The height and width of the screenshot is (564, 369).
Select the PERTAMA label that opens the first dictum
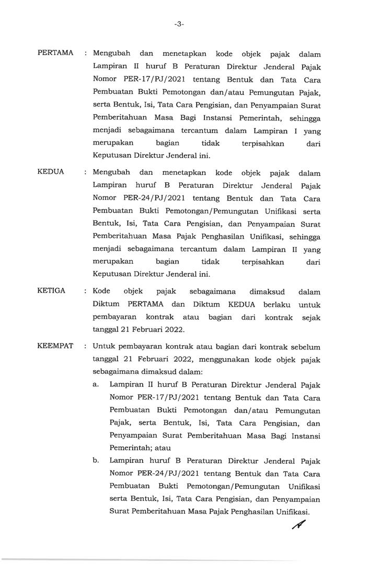pos(56,54)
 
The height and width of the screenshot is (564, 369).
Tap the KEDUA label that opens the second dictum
pos(51,172)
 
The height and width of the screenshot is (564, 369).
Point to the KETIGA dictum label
pos(52,291)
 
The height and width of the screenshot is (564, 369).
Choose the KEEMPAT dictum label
pos(56,347)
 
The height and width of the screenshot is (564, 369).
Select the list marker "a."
pos(96,384)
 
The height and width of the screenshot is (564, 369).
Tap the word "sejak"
pos(310,317)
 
